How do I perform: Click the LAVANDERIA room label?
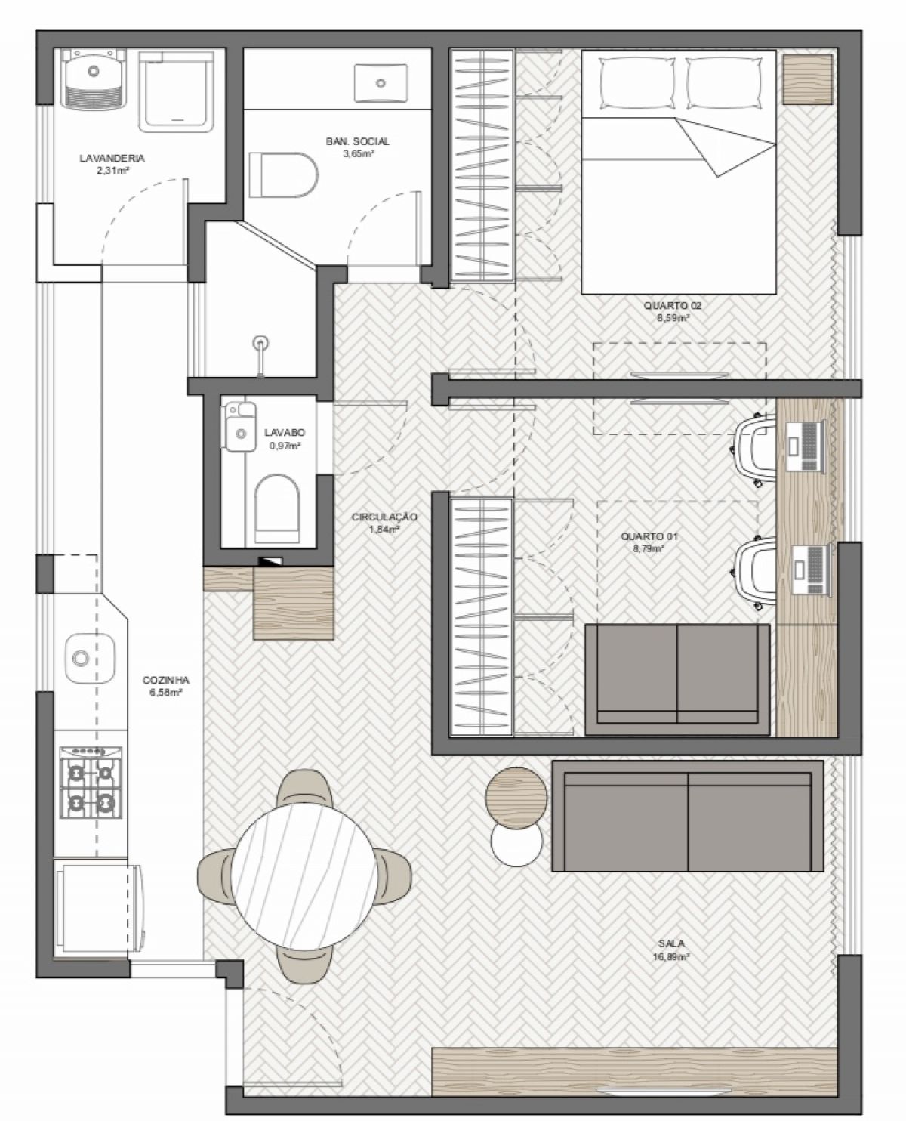[x=112, y=158]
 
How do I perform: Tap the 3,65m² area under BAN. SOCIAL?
[x=359, y=154]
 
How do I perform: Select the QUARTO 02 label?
[x=673, y=305]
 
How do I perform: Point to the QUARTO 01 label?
[x=649, y=536]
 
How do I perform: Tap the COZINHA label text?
[x=165, y=681]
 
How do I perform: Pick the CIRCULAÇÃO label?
[x=384, y=517]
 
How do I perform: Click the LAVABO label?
[x=285, y=433]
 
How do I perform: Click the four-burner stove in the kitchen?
[x=91, y=782]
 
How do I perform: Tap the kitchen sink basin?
[x=90, y=658]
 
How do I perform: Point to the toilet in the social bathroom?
[x=283, y=174]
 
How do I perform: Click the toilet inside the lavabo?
[x=276, y=509]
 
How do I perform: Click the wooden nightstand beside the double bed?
[x=807, y=79]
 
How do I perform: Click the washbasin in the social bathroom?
[x=381, y=82]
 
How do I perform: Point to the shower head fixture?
[x=260, y=355]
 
